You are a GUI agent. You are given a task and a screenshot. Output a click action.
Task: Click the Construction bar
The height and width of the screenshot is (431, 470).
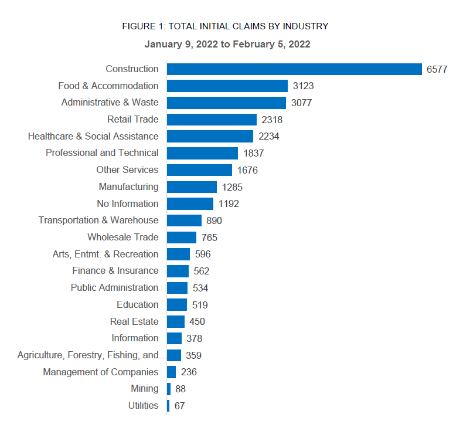click(294, 69)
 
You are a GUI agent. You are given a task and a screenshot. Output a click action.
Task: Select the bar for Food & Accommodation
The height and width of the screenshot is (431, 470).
click(227, 86)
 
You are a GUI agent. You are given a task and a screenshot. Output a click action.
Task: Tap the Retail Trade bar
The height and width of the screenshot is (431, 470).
click(212, 120)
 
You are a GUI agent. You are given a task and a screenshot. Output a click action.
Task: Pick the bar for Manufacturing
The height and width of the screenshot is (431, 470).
click(192, 187)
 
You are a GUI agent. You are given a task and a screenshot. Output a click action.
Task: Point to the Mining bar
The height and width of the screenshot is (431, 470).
click(169, 389)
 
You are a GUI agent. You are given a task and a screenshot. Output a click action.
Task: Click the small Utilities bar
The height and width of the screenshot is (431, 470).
click(168, 406)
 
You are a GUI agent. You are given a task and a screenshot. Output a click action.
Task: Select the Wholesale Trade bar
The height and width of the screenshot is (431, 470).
click(182, 237)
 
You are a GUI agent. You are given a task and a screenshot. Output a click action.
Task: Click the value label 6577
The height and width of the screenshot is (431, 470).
click(437, 69)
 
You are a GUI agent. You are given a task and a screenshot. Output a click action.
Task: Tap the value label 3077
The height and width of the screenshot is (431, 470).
click(301, 103)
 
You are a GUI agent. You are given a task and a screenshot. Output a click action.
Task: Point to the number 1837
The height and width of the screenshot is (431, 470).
click(254, 154)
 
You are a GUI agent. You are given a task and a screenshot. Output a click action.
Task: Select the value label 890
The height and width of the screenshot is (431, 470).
click(214, 221)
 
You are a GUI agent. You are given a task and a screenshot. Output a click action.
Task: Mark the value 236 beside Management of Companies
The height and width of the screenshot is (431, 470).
click(189, 372)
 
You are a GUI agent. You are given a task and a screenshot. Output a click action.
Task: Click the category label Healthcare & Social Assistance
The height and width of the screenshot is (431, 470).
click(93, 137)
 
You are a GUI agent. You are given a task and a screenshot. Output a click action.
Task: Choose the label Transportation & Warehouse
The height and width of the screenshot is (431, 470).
click(98, 220)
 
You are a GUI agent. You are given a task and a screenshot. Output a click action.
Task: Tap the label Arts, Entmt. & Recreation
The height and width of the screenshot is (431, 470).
click(105, 254)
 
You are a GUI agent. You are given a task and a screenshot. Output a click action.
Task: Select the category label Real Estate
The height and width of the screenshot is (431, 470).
click(134, 321)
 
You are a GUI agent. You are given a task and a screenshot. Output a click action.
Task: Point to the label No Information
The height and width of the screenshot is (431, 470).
click(128, 204)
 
